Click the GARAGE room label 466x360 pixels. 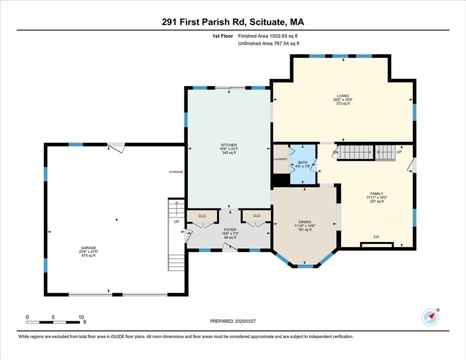pyautogui.click(x=88, y=248)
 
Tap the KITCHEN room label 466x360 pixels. pyautogui.click(x=229, y=145)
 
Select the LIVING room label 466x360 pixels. pyautogui.click(x=343, y=96)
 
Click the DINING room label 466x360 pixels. pyautogui.click(x=305, y=222)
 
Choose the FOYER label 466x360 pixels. pyautogui.click(x=229, y=230)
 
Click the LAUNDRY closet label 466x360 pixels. pyautogui.click(x=280, y=159)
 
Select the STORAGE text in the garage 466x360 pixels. pyautogui.click(x=176, y=172)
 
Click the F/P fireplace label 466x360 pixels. pyautogui.click(x=376, y=237)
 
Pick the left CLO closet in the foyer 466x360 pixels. pyautogui.click(x=202, y=216)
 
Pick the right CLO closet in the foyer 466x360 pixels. pyautogui.click(x=256, y=216)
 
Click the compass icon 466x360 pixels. pyautogui.click(x=430, y=317)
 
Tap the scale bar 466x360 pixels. pyautogui.click(x=53, y=322)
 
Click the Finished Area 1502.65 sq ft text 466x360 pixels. pyautogui.click(x=268, y=36)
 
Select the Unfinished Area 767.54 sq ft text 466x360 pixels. pyautogui.click(x=268, y=44)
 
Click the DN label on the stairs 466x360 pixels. pyautogui.click(x=336, y=152)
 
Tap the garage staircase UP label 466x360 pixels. pyautogui.click(x=176, y=221)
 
